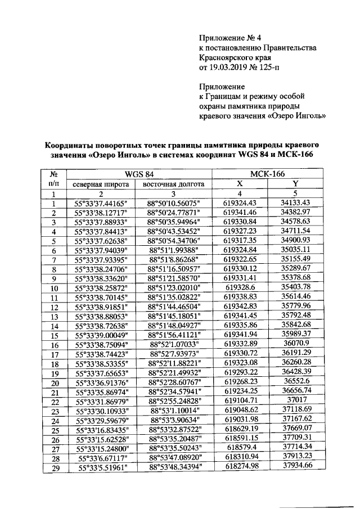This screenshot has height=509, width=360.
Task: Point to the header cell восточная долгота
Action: (x=173, y=183)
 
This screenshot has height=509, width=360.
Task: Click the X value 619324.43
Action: (x=240, y=203)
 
